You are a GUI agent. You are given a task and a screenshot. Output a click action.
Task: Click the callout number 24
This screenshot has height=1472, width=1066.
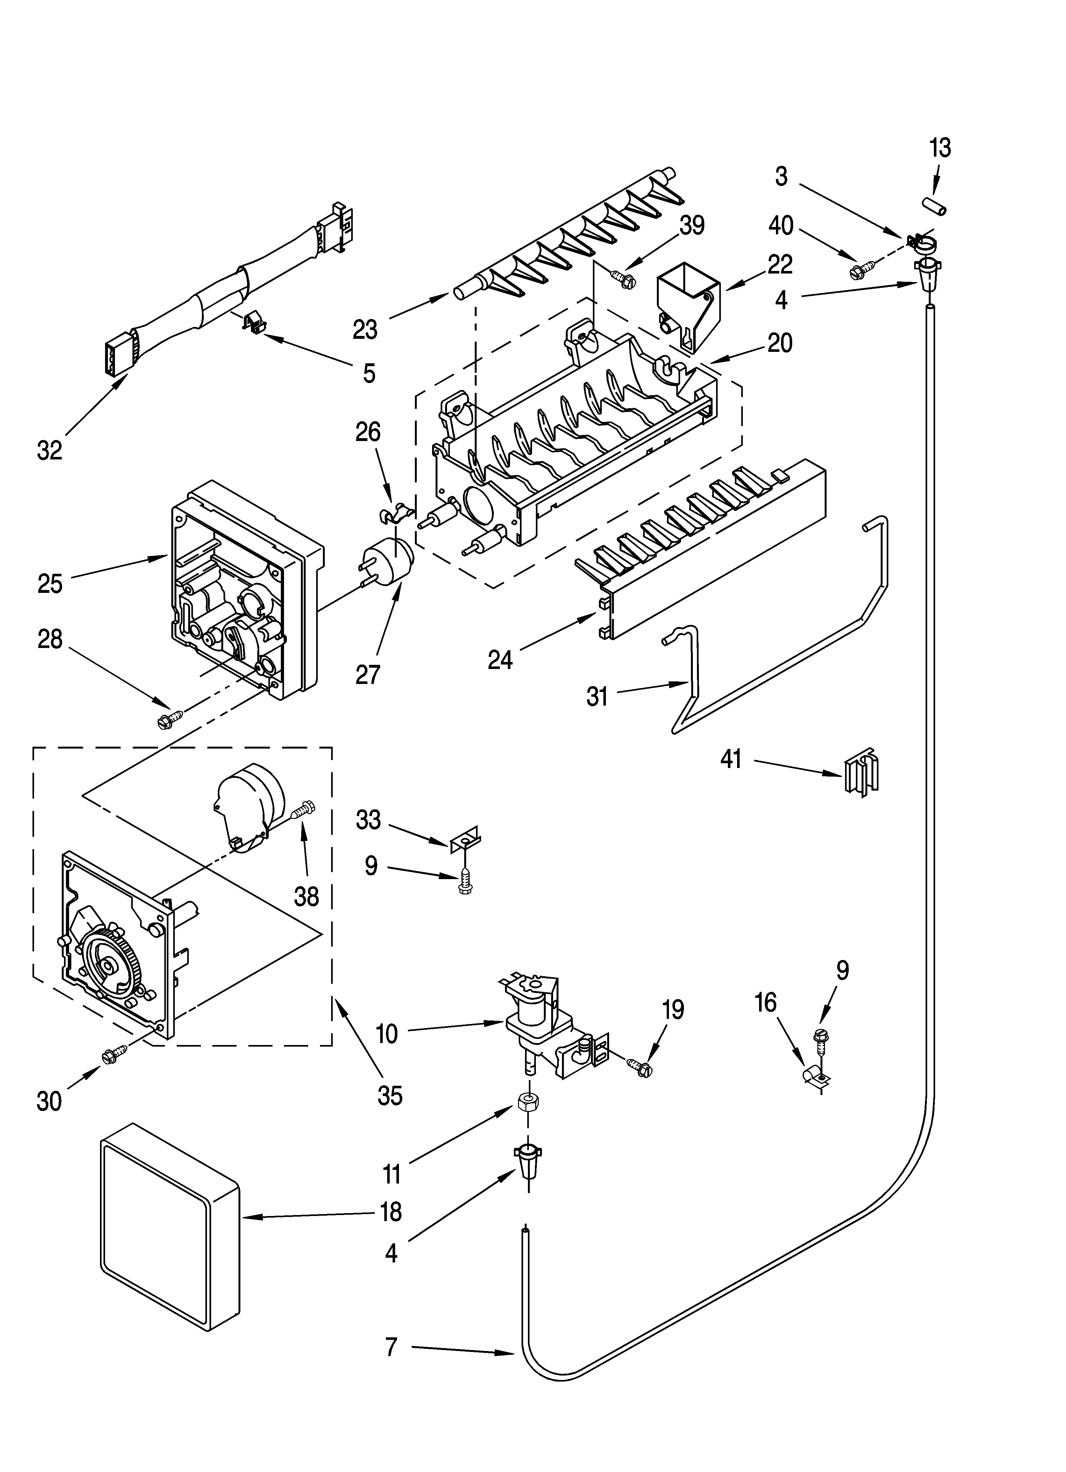tap(500, 660)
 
